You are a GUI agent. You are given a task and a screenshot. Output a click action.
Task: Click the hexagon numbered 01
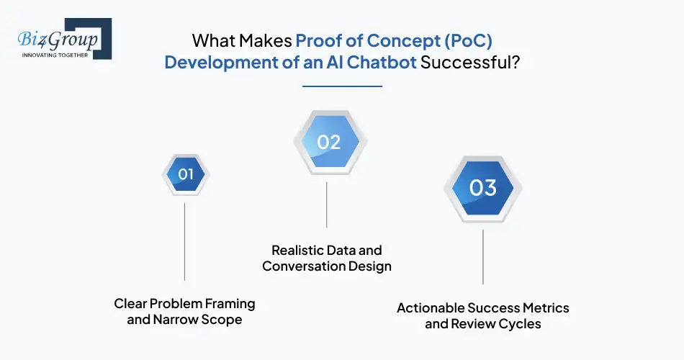[x=186, y=174]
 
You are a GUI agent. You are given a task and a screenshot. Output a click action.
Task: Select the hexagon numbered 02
[x=328, y=142]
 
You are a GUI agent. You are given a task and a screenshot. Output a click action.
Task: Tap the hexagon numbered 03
[x=483, y=188]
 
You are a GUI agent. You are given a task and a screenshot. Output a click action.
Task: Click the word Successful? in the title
[x=469, y=62]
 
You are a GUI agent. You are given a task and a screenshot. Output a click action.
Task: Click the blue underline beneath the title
[x=342, y=86]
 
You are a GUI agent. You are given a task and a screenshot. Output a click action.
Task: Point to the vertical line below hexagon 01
[x=185, y=241]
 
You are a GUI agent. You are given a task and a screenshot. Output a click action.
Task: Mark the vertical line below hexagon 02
[x=327, y=204]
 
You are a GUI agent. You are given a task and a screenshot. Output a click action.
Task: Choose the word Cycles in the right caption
[x=519, y=323]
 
